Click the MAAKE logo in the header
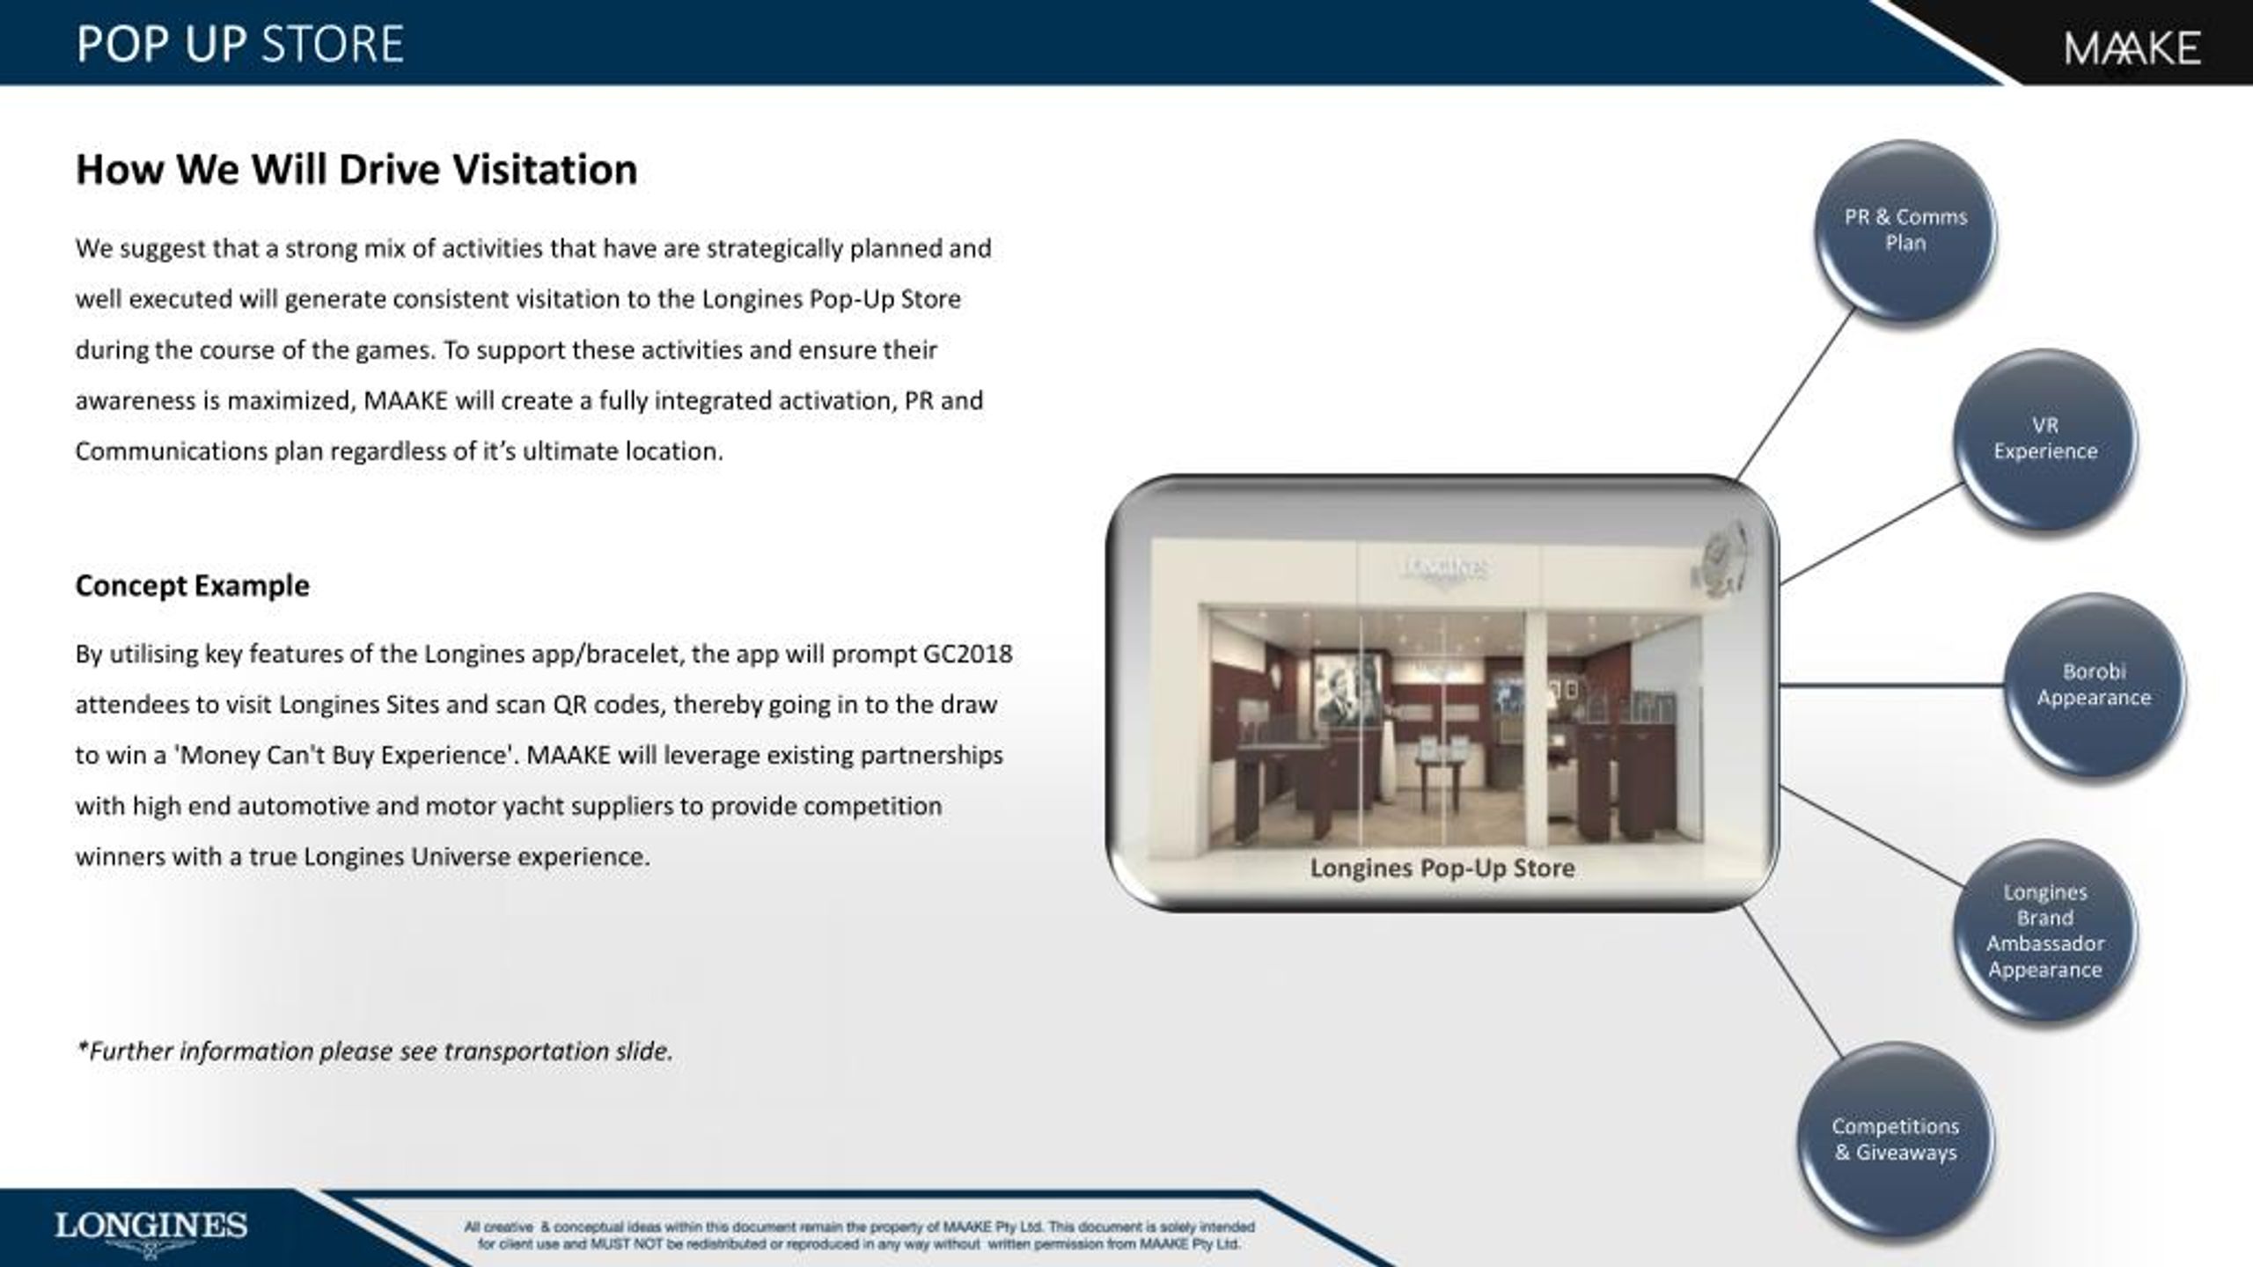(2132, 48)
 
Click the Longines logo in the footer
(150, 1231)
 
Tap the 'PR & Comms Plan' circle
(1905, 231)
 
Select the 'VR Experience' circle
(2045, 439)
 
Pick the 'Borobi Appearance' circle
(2094, 685)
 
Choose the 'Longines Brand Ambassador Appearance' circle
(2044, 931)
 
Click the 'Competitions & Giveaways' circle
(1895, 1139)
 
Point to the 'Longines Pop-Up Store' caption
(1442, 868)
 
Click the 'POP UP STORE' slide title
(239, 44)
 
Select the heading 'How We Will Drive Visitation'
(356, 169)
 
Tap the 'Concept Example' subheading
(193, 586)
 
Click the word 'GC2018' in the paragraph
(967, 655)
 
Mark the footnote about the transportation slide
(374, 1051)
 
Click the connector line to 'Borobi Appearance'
(1892, 685)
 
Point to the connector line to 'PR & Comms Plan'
(1796, 392)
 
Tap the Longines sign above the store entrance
(1444, 569)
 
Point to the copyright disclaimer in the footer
(859, 1235)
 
